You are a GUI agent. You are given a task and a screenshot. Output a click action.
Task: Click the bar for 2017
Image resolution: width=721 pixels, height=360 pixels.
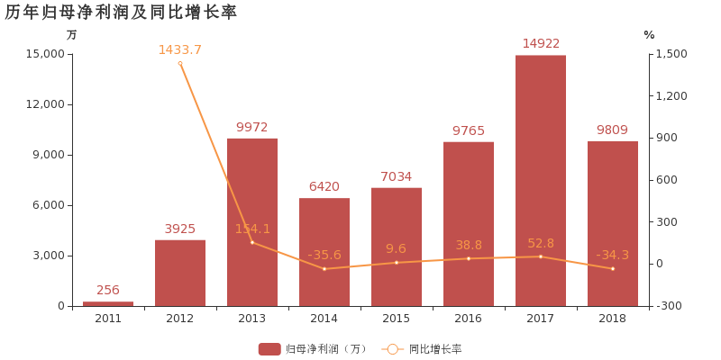click(x=541, y=180)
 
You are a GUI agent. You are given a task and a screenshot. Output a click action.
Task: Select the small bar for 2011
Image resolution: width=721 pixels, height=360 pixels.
click(x=108, y=303)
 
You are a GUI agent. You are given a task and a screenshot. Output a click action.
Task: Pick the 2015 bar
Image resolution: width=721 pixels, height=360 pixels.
click(x=397, y=247)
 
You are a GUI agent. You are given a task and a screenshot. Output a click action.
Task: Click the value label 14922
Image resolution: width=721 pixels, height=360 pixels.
click(x=541, y=43)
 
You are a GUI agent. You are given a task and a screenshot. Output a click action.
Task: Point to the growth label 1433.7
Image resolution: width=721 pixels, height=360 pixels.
click(x=180, y=49)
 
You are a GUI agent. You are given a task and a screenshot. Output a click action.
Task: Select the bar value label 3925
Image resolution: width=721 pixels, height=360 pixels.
click(x=180, y=229)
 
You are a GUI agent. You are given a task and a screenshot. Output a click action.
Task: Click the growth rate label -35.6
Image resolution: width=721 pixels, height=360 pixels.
click(x=324, y=255)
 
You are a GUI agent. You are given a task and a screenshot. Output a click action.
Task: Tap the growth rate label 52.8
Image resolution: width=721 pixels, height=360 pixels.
click(x=541, y=243)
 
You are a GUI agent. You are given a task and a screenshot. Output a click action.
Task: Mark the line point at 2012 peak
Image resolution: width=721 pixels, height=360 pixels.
click(x=180, y=63)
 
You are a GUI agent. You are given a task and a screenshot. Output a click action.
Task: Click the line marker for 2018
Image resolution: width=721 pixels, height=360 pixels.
click(x=613, y=268)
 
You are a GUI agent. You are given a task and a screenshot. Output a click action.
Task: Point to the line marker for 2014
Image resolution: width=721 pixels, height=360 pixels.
click(x=324, y=269)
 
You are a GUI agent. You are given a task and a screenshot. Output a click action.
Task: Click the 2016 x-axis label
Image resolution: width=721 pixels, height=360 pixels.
click(x=469, y=319)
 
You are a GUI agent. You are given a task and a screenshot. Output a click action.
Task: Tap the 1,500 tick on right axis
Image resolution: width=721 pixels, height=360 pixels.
click(x=671, y=54)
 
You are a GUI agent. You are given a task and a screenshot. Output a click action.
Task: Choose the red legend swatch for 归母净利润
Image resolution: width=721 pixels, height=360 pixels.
click(x=269, y=349)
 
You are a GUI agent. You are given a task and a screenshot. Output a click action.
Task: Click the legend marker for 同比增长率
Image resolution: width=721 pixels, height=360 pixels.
click(x=392, y=349)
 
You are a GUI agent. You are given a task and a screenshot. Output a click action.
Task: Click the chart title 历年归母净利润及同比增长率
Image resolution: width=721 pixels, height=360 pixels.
click(x=121, y=12)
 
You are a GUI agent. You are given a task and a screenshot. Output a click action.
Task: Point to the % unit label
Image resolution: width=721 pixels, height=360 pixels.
click(x=649, y=35)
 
